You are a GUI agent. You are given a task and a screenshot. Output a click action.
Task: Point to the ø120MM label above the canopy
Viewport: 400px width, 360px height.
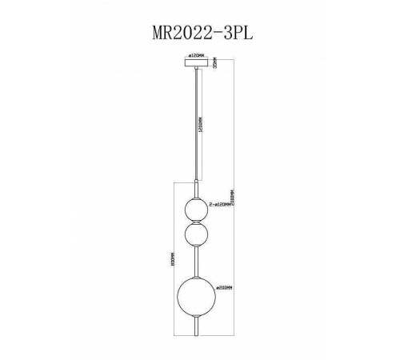point(196,55)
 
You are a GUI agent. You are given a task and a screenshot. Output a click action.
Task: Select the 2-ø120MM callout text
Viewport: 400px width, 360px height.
point(222,206)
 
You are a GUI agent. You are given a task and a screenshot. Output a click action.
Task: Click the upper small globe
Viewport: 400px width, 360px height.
point(196,210)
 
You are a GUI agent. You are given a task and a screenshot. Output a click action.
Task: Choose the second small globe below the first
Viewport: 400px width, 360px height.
point(196,236)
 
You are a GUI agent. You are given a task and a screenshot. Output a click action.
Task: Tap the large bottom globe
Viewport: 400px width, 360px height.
point(196,294)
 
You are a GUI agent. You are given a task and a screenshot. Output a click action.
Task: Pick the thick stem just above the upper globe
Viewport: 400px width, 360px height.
point(196,189)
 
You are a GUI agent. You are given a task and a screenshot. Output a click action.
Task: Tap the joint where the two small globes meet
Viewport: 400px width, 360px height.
point(196,222)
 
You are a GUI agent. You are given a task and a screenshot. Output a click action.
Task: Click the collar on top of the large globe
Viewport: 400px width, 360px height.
point(196,274)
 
